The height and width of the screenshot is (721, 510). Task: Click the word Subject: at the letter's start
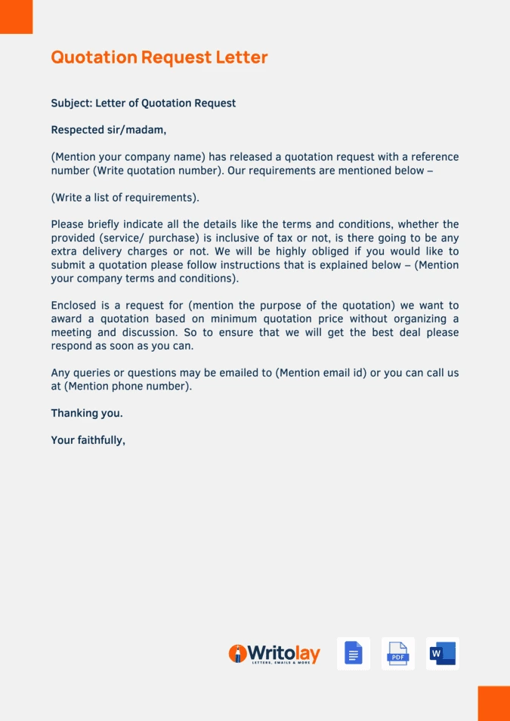pos(71,103)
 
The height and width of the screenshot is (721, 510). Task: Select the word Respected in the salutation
pos(75,130)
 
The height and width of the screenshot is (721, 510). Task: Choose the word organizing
pos(426,319)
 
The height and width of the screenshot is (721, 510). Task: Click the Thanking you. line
pos(87,414)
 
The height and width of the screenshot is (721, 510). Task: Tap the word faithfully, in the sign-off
pos(101,440)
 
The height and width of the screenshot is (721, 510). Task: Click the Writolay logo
pos(275,654)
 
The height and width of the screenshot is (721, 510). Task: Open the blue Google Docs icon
pos(353,653)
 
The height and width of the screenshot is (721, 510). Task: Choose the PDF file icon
pos(397,653)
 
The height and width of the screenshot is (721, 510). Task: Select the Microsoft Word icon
pos(442,653)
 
